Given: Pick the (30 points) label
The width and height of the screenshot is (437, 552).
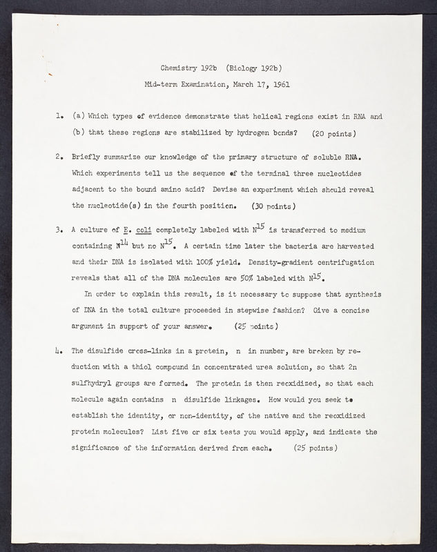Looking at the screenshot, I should click(273, 206).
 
